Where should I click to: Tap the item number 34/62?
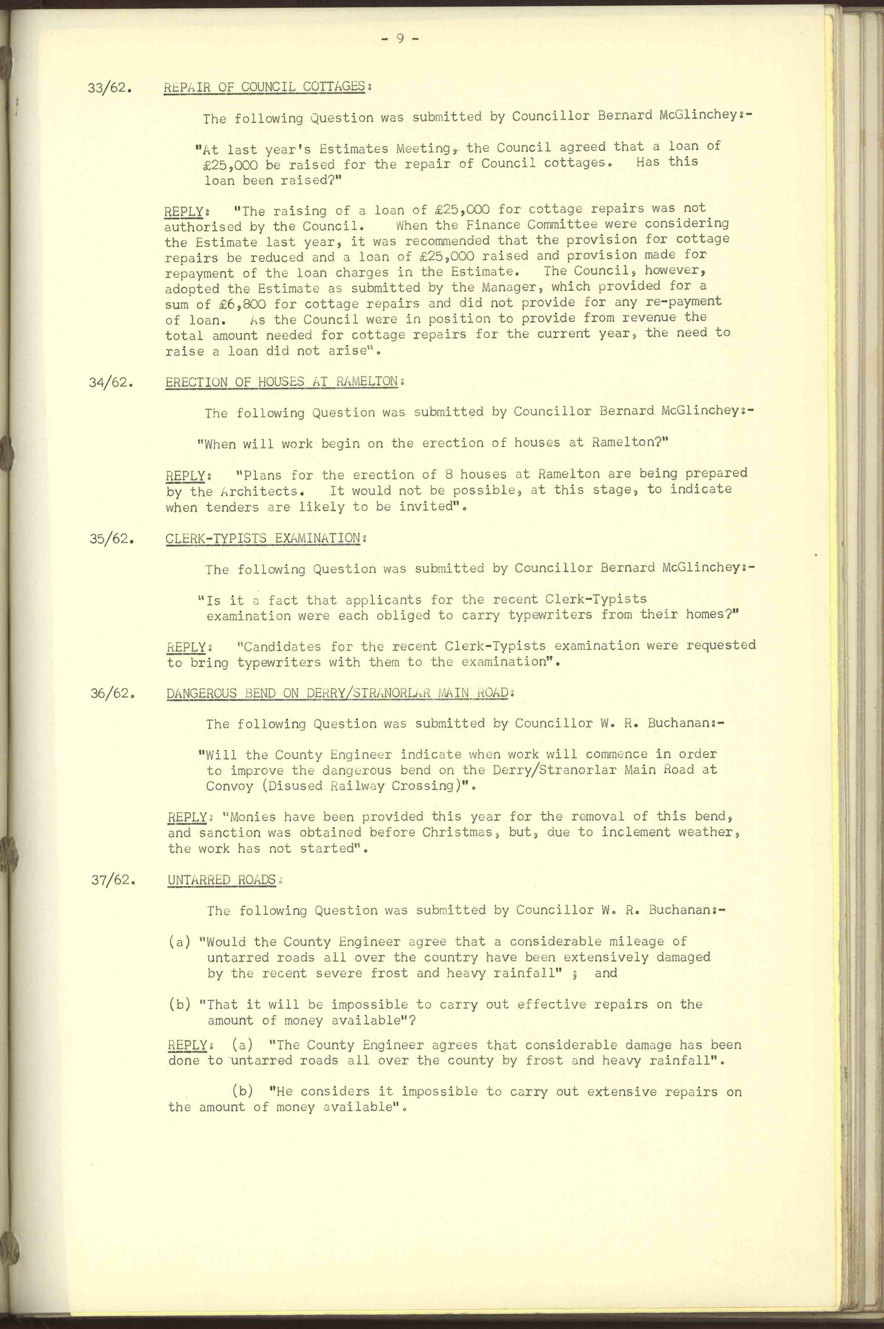click(x=111, y=384)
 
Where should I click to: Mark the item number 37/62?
click(x=113, y=880)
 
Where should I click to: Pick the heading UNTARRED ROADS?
click(x=221, y=880)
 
